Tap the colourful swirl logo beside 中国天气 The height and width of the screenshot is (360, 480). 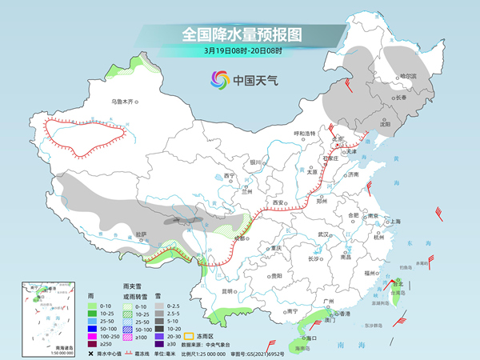[x=218, y=79]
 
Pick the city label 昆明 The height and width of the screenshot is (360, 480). [x=230, y=290]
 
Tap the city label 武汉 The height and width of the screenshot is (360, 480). [x=323, y=234]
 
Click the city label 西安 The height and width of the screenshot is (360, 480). [x=278, y=203]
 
